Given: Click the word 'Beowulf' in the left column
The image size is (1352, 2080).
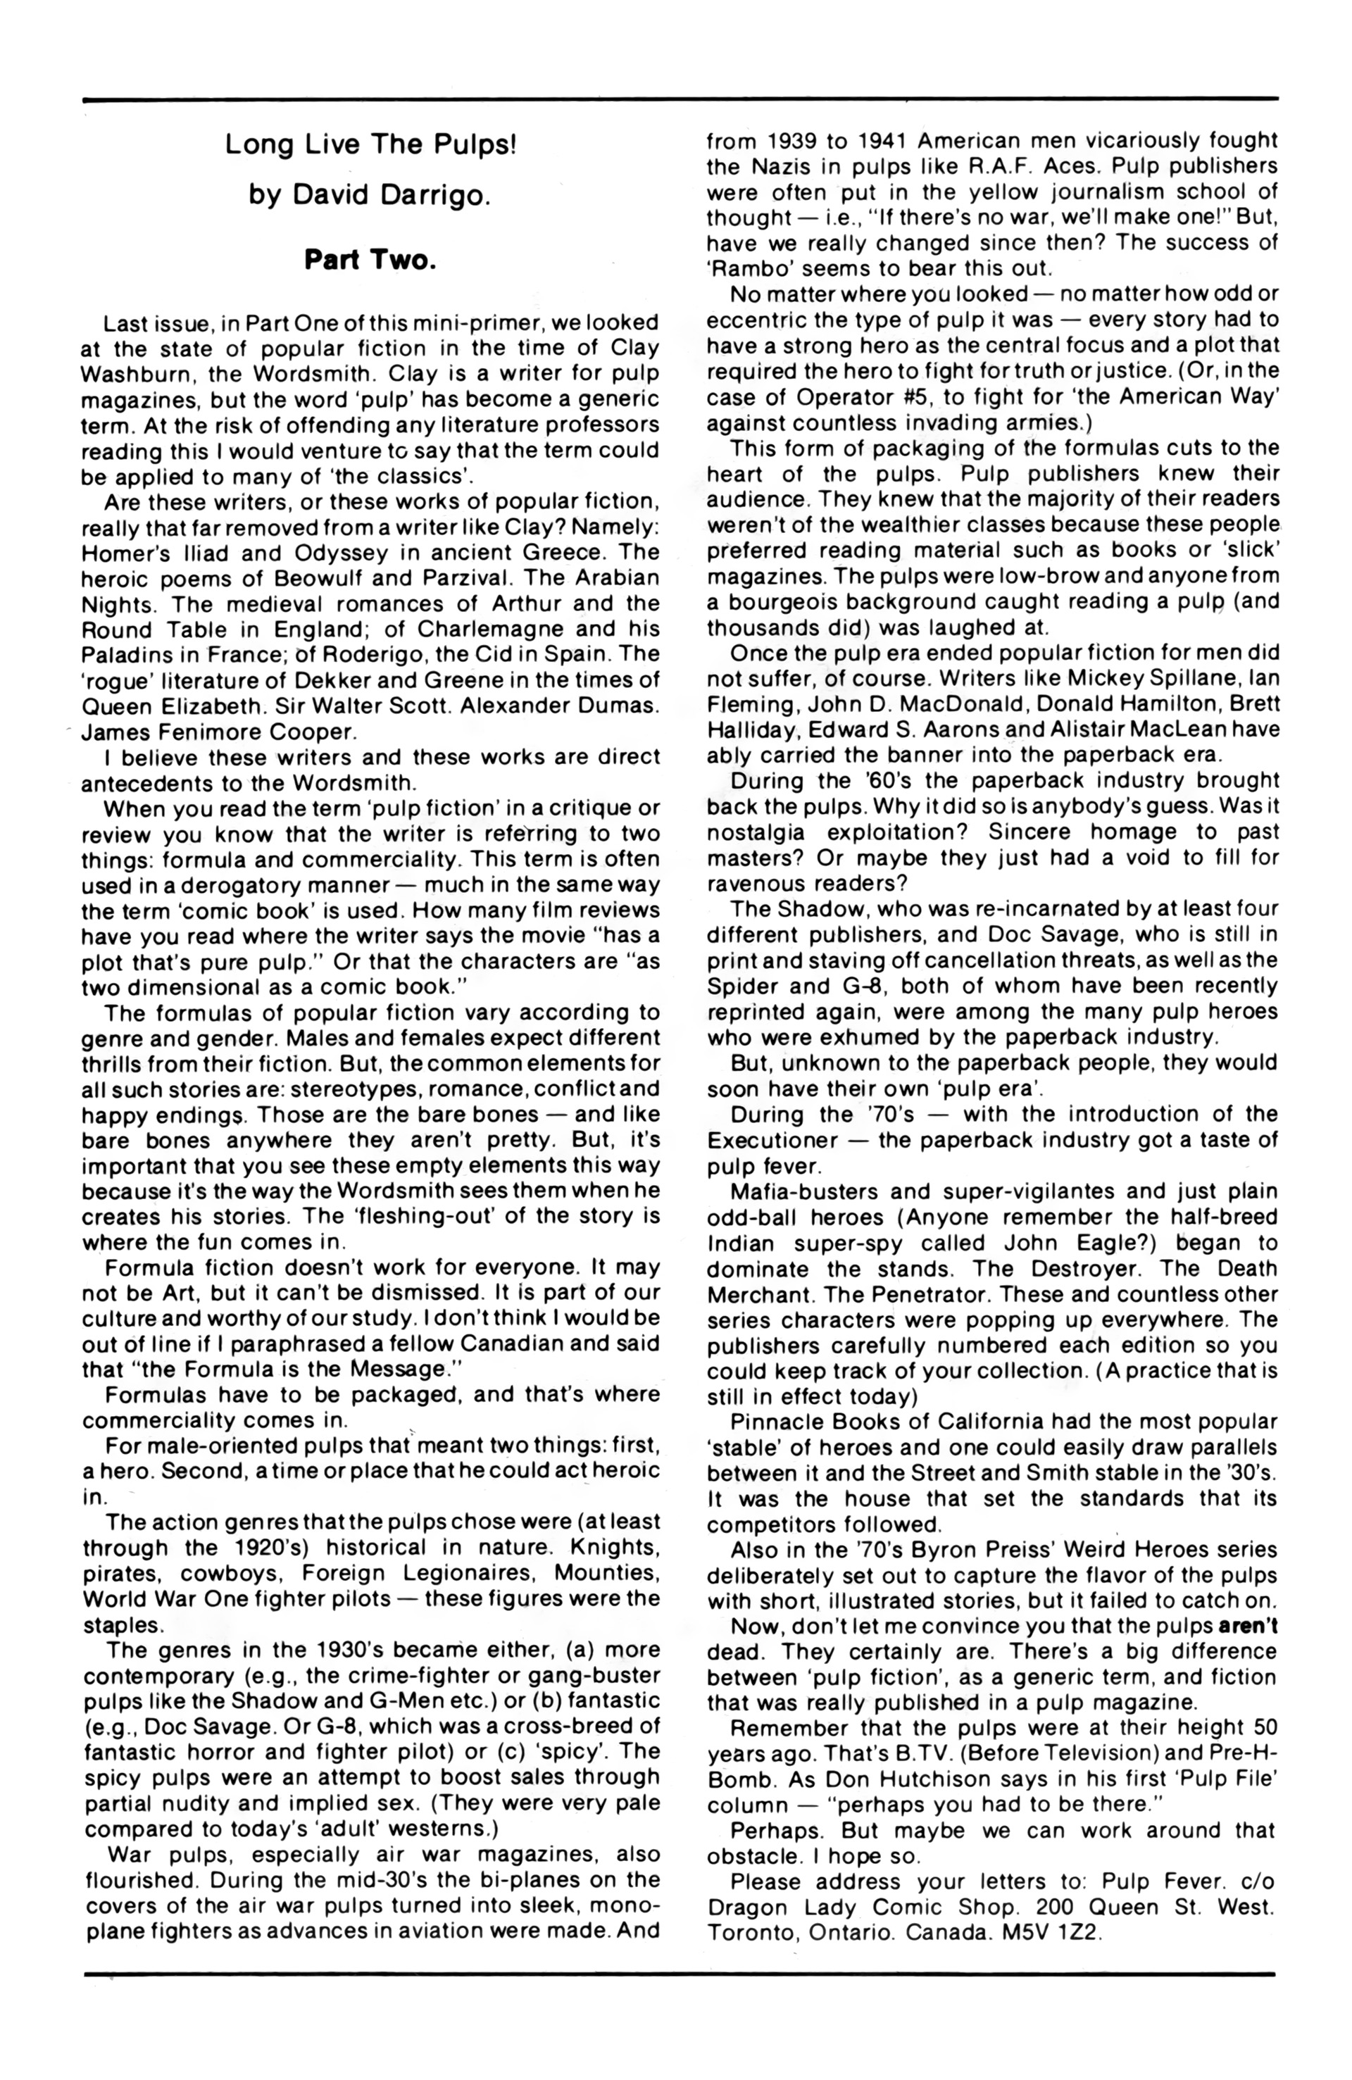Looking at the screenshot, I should (306, 579).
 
